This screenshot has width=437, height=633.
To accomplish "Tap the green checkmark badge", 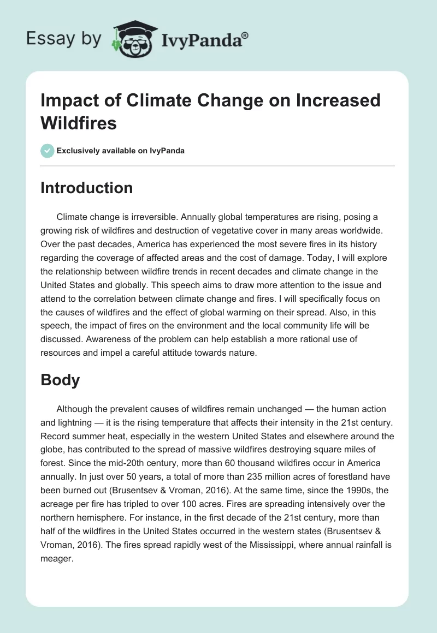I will click(48, 151).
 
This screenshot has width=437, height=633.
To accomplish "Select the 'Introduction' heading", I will click(86, 188).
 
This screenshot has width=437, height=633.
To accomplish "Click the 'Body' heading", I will click(60, 380).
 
